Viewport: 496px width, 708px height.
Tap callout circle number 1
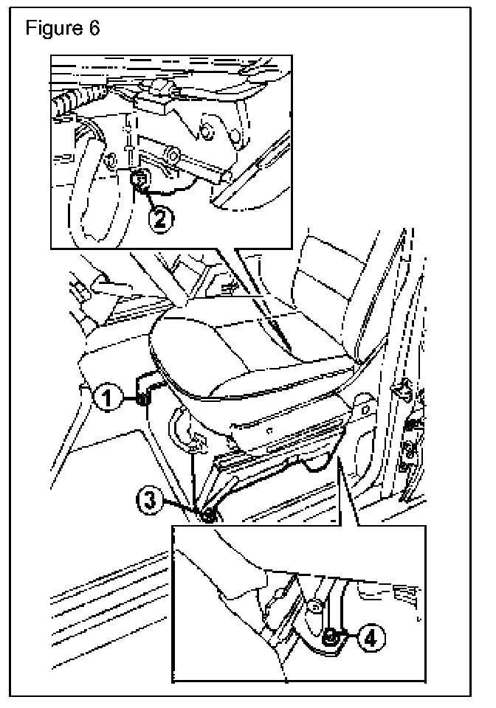click(108, 399)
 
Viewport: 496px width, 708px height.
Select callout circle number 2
click(163, 218)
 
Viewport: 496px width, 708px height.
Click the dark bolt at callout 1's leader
click(142, 399)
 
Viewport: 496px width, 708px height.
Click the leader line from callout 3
click(181, 509)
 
